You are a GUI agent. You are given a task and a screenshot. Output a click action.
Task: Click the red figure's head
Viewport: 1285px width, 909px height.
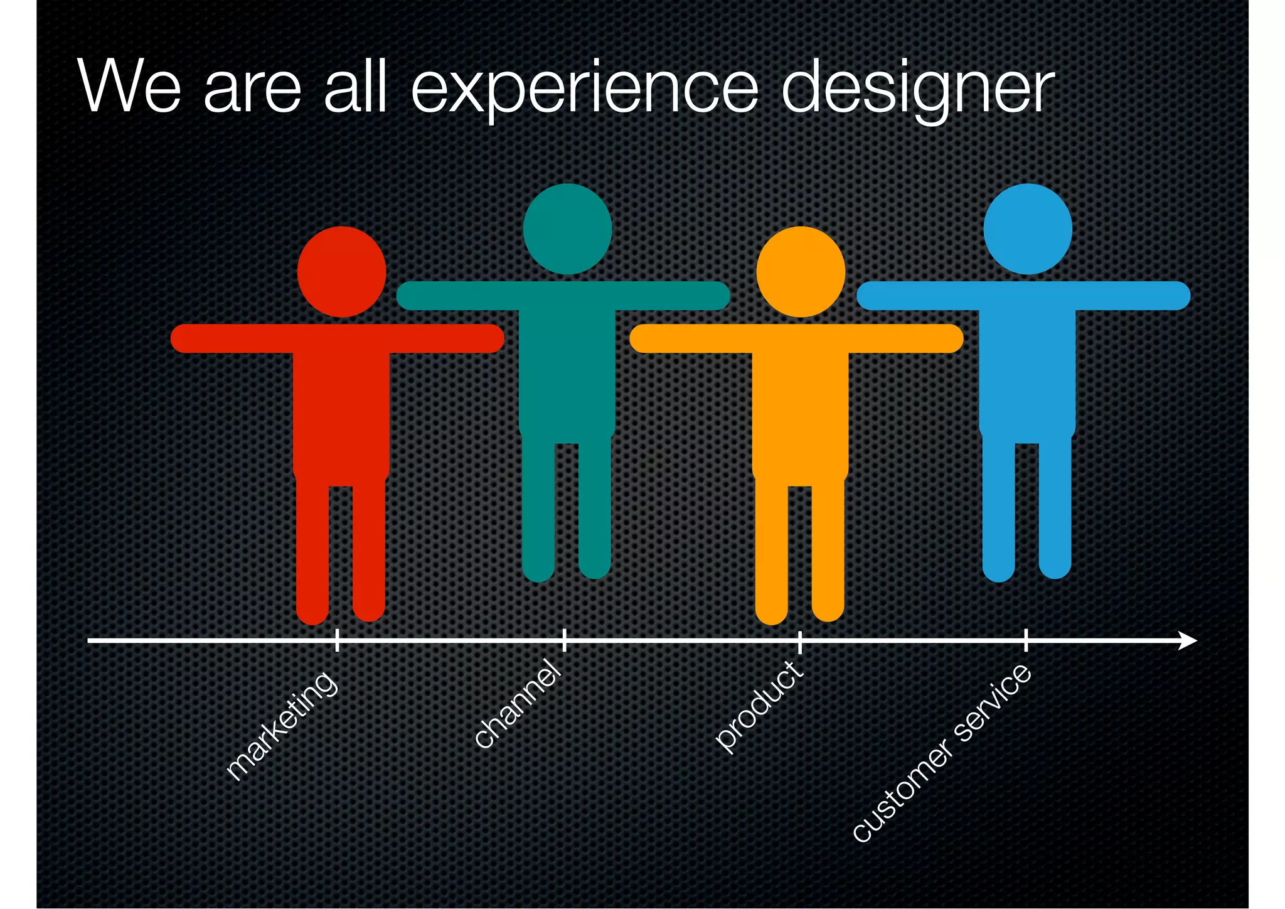point(341,272)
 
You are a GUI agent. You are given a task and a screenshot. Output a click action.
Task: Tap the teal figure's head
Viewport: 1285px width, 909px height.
point(567,229)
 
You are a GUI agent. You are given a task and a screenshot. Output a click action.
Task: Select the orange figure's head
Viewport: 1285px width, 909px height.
point(801,272)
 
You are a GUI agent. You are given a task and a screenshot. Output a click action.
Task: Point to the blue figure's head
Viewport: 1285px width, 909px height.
point(1028,229)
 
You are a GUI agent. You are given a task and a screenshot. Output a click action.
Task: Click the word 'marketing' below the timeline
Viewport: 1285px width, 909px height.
point(282,727)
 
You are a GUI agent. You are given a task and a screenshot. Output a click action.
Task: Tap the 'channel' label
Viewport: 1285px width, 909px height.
point(518,704)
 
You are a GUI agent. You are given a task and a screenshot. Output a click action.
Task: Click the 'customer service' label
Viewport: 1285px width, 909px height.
point(941,753)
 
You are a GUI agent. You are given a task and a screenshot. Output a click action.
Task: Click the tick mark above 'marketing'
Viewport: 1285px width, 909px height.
point(337,640)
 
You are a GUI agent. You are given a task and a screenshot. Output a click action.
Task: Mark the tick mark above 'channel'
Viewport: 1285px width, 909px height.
point(564,640)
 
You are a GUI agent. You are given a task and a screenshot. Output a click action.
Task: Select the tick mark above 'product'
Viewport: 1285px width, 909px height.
point(799,640)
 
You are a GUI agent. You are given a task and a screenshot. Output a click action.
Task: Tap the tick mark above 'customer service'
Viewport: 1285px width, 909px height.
point(1026,640)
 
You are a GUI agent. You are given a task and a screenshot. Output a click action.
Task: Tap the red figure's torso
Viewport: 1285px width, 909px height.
point(341,408)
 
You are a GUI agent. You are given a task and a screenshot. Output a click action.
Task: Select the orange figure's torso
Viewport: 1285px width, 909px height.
point(801,408)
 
